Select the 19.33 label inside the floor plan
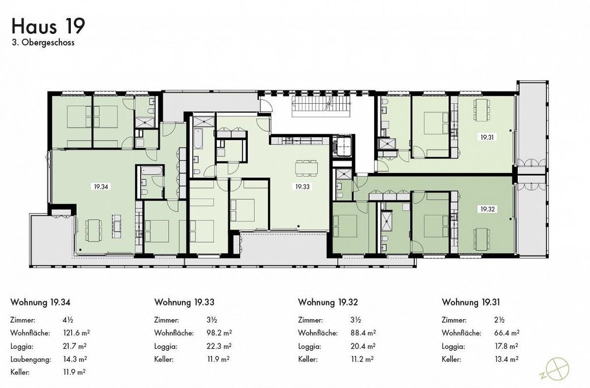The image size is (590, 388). coord(302,186)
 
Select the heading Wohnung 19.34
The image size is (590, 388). coord(41,301)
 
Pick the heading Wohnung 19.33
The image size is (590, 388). coord(184,301)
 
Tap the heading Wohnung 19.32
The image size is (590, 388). coord(328,301)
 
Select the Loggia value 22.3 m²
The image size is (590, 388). coord(219,346)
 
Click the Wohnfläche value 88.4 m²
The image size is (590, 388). coord(363,333)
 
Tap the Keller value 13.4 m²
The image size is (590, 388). coord(507,359)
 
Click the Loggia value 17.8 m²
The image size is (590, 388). coord(507,346)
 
